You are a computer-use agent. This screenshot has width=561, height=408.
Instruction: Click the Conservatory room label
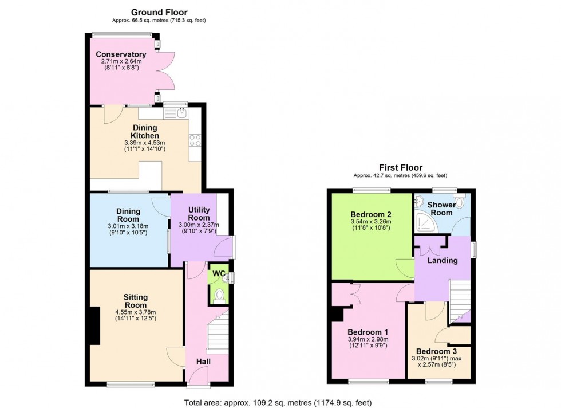click(121, 54)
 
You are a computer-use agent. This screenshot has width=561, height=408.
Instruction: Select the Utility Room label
click(199, 214)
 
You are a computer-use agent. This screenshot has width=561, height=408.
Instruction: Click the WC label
click(218, 274)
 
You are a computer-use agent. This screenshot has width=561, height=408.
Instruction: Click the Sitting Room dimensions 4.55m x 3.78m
click(136, 314)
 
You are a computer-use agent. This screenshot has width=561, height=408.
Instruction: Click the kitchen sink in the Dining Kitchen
click(175, 113)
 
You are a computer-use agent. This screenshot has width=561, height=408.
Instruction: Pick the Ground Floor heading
click(159, 12)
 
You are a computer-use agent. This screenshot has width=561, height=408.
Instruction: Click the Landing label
click(444, 260)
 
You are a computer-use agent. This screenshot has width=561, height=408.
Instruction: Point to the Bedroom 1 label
click(370, 332)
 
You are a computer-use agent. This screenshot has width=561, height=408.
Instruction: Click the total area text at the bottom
click(280, 402)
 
